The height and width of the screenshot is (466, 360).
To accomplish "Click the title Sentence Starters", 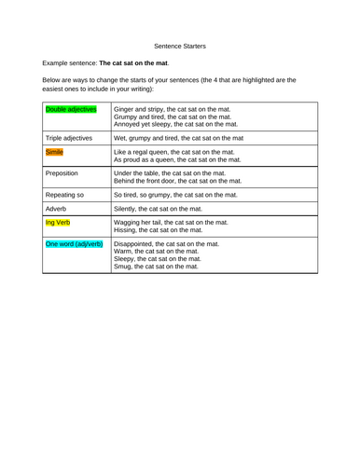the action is click(x=180, y=43).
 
